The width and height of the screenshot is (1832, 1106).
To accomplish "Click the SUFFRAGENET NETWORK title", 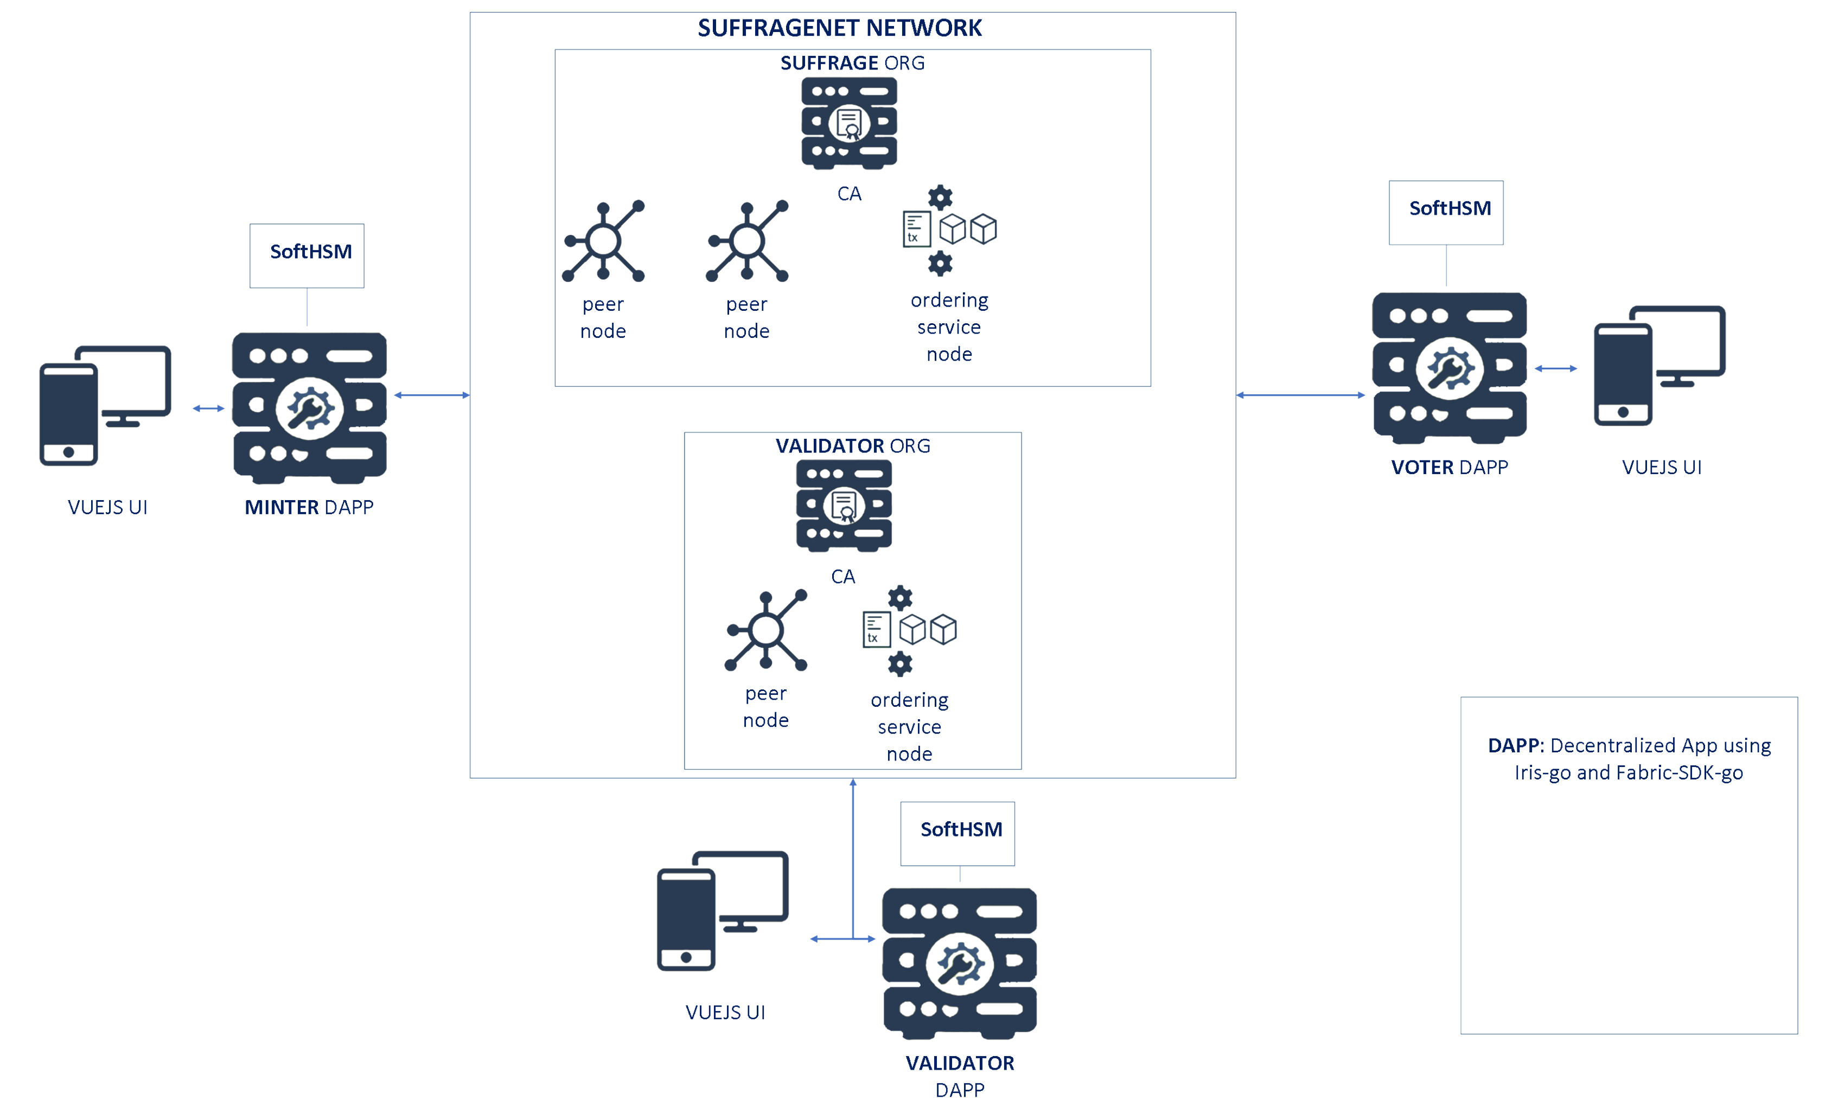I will point(839,28).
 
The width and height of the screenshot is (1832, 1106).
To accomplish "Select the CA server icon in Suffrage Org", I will point(848,123).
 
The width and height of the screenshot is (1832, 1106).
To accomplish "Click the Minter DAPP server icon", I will point(309,407).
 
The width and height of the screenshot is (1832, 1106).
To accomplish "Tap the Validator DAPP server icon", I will point(959,963).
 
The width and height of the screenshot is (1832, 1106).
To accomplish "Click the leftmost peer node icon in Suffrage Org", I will point(603,241).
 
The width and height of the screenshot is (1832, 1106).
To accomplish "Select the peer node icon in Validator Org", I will point(766,630).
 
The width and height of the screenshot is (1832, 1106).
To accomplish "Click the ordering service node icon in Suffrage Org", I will point(949,229).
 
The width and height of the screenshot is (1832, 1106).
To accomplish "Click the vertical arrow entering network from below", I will point(853,855).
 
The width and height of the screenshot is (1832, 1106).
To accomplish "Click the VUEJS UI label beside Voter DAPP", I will point(1661,467).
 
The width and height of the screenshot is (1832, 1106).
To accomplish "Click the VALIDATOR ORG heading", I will point(852,445).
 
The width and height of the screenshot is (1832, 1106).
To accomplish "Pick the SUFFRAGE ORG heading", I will point(852,63).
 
